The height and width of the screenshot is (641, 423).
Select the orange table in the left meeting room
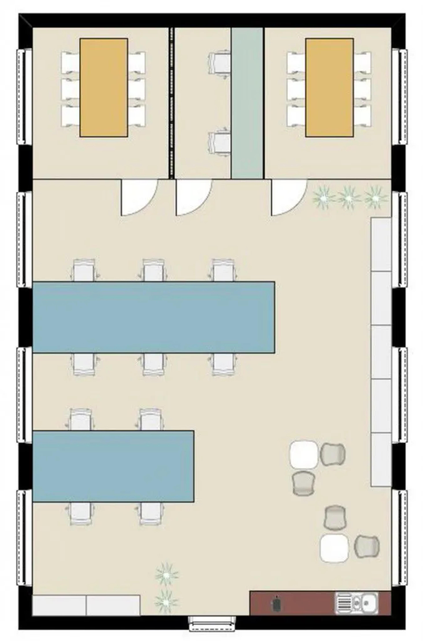click(104, 88)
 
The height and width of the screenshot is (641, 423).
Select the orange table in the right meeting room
click(329, 88)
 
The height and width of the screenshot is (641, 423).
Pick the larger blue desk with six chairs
click(153, 317)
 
